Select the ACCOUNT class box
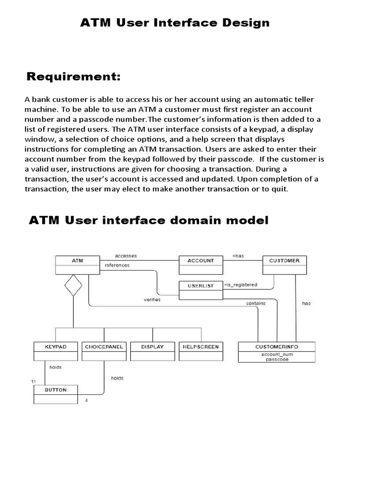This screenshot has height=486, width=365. [x=201, y=265]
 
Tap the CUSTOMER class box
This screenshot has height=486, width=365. [x=284, y=265]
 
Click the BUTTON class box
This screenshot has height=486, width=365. [x=56, y=394]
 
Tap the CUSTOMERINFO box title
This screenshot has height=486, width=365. [x=276, y=347]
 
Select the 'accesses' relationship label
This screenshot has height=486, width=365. [x=126, y=256]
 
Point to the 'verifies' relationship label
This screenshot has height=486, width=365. [x=152, y=299]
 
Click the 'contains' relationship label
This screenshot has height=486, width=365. [x=256, y=303]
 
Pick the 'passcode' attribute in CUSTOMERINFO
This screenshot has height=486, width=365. [x=276, y=360]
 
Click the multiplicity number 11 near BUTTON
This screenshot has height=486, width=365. [x=33, y=382]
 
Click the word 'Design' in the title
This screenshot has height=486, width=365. [x=243, y=22]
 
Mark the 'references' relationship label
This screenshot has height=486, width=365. [x=117, y=265]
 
